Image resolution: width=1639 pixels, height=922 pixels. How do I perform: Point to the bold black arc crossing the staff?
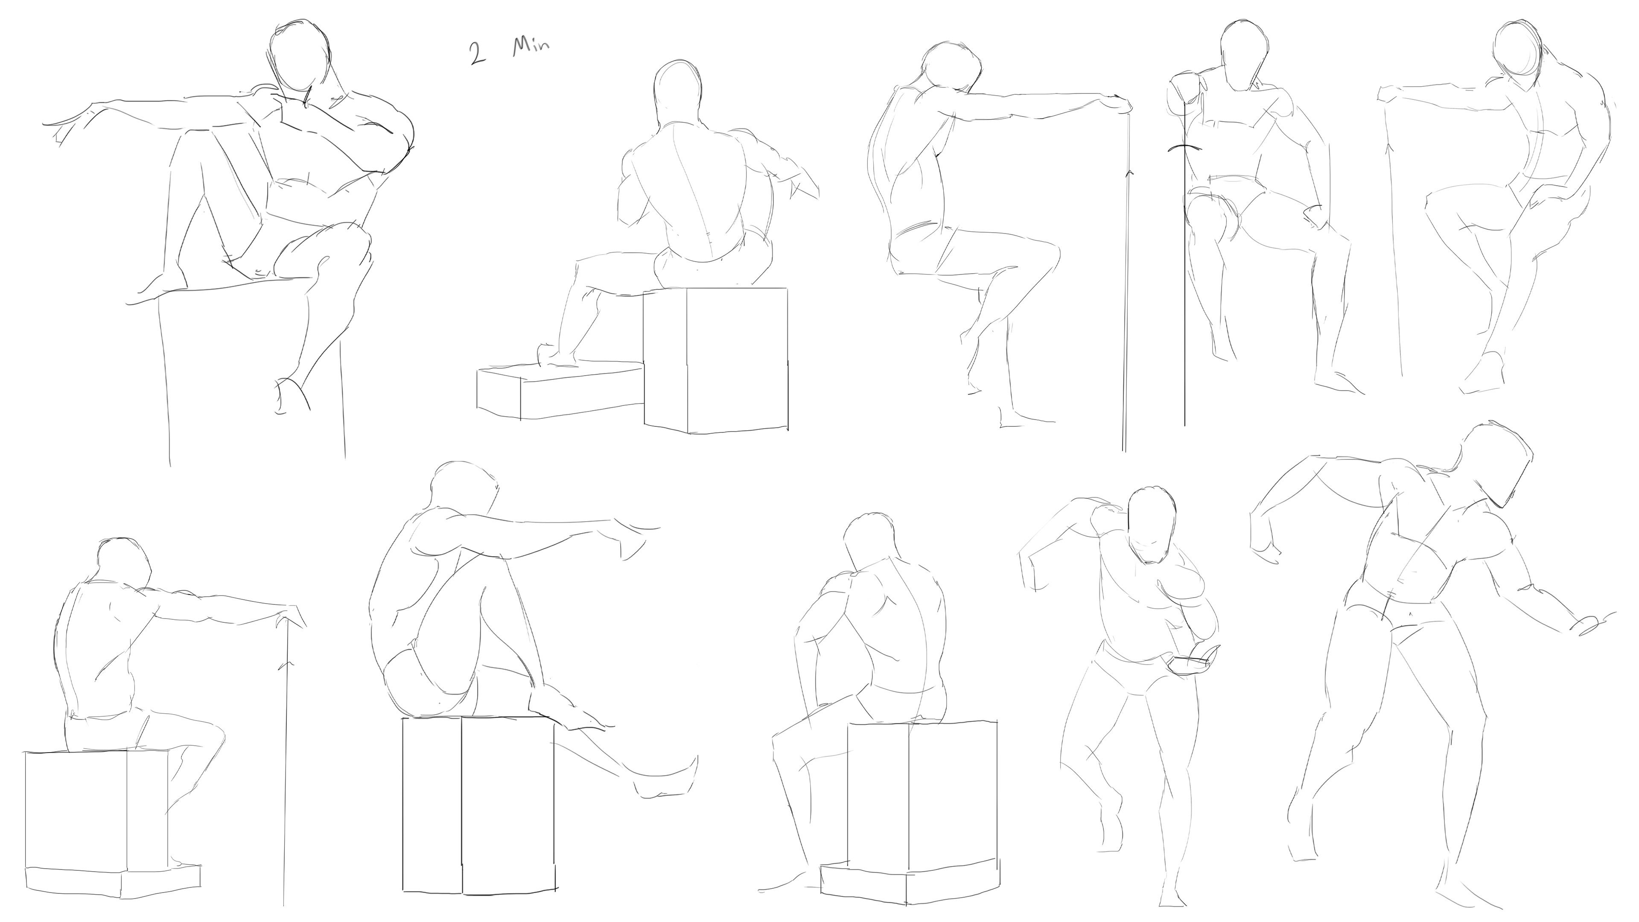coord(1185,148)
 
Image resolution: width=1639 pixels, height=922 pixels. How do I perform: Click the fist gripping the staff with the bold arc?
coord(1184,86)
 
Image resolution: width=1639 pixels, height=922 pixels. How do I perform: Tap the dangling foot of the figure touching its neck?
coord(292,395)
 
